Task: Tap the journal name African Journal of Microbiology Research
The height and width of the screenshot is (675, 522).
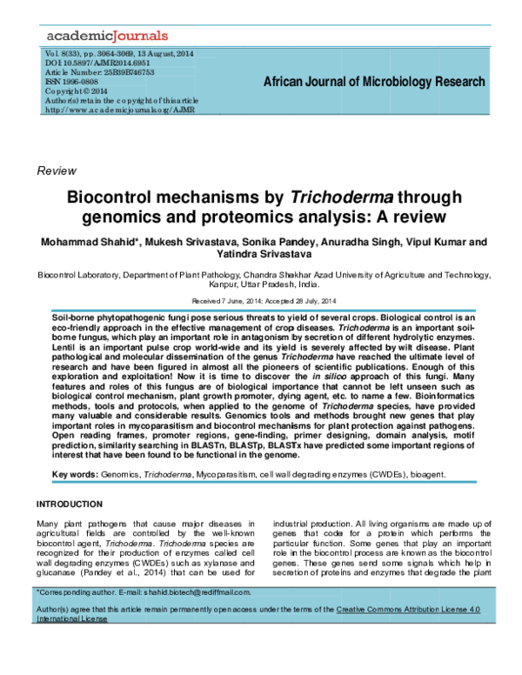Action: click(373, 82)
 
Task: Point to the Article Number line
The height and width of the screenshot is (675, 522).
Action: click(98, 72)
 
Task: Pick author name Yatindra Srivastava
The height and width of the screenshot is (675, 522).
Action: click(260, 254)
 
